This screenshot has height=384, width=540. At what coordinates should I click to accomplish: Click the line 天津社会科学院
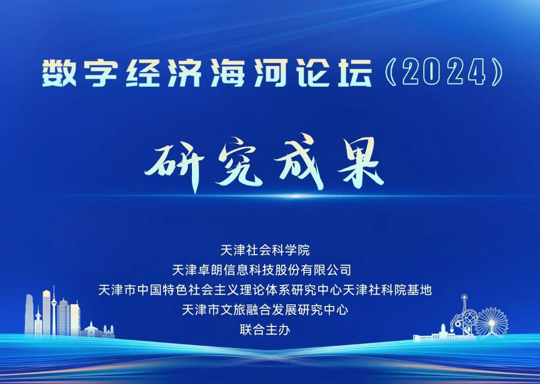pos(265,250)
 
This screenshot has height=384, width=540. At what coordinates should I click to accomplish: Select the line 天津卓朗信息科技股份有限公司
pos(262,270)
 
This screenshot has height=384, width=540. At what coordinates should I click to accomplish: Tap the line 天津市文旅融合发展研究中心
pos(265,310)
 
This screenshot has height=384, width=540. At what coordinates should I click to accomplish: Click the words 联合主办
pos(265,330)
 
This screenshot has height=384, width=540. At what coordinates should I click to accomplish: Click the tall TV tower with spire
pos(54,311)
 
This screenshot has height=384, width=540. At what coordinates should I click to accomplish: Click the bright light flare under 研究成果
pos(295,196)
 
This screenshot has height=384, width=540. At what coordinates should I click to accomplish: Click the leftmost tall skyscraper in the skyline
pos(29,315)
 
